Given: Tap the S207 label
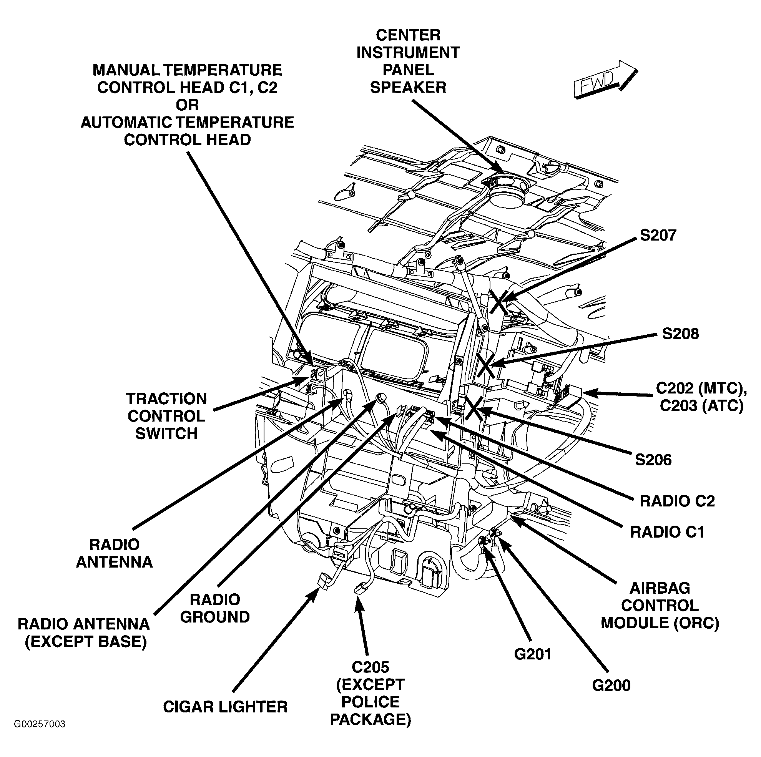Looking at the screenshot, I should [x=658, y=235].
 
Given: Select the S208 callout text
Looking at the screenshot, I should [x=680, y=334].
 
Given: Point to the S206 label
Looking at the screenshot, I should [x=653, y=460].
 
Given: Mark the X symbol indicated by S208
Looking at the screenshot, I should [x=485, y=364].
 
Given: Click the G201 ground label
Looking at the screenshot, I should [x=533, y=654].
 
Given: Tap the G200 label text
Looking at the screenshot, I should [x=611, y=686].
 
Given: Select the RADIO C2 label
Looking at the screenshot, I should [x=677, y=501].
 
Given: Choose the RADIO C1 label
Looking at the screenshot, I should [x=667, y=532].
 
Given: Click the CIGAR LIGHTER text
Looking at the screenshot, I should [x=225, y=707].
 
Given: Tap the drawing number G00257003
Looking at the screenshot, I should [x=40, y=735].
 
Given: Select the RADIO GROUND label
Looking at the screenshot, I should [x=215, y=608].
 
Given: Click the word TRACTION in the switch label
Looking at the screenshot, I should [x=166, y=398].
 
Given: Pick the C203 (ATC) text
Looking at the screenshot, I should [x=701, y=405].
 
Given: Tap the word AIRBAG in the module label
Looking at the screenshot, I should [x=660, y=588].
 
